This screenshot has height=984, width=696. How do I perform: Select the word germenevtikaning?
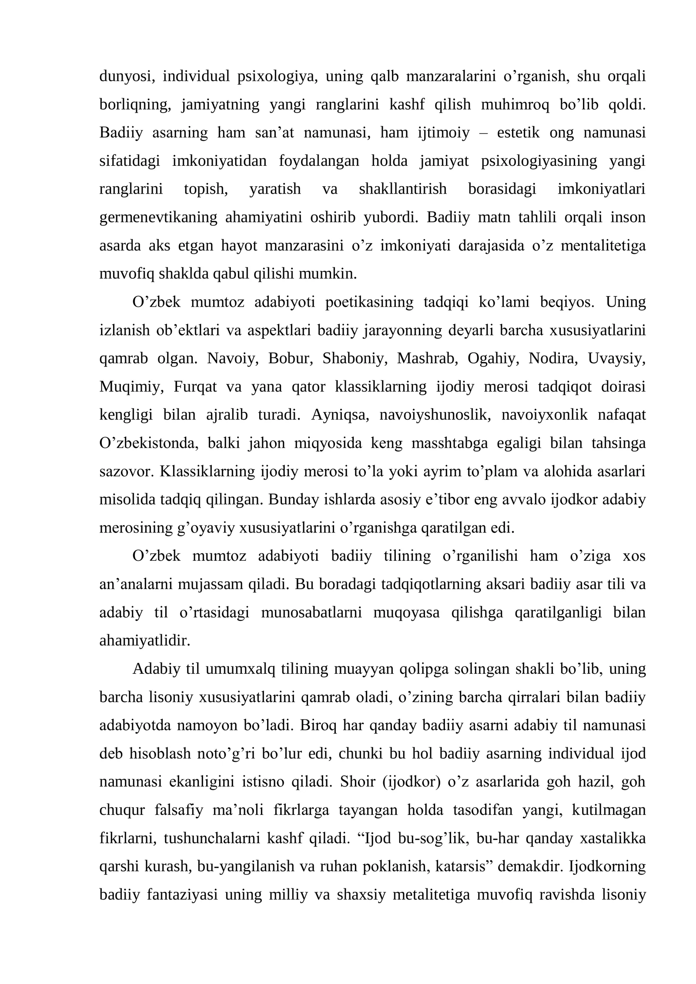tap(158, 217)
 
